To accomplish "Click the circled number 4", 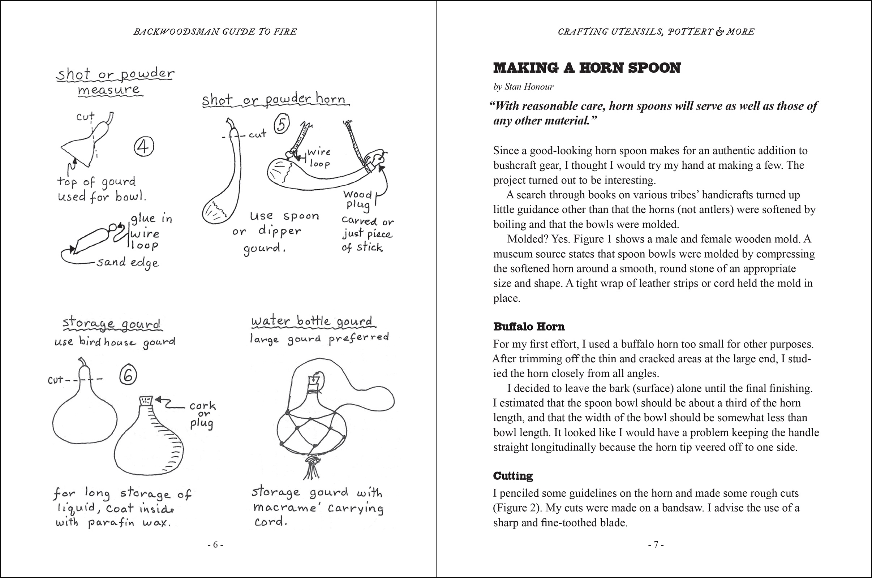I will tap(143, 147).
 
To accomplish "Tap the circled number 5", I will tap(281, 124).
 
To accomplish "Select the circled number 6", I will tap(128, 376).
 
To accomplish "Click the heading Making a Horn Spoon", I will tap(587, 68).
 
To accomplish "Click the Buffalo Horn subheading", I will tap(529, 327).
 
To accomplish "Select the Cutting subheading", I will tap(513, 476).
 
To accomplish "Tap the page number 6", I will tap(215, 544).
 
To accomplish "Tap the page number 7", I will tap(656, 544).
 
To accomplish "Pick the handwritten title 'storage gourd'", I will tap(112, 323).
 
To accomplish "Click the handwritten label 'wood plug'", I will tap(357, 199).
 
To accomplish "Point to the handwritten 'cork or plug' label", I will tap(202, 415).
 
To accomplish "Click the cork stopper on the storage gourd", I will tap(146, 401).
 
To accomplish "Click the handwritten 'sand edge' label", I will tap(128, 263).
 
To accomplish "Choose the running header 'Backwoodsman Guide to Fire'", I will tap(215, 32).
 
